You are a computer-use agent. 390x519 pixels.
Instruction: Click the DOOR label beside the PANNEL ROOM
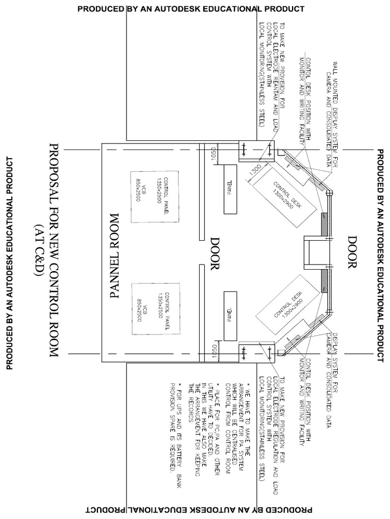[x=214, y=253]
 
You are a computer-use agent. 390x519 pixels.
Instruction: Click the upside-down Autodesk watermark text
[x=198, y=509]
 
